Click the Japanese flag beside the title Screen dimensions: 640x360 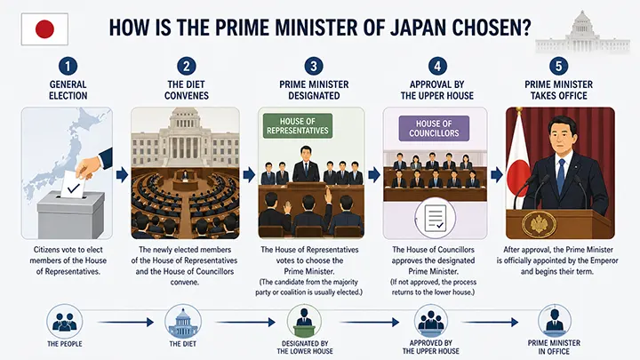coord(44,29)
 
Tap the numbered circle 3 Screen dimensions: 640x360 coord(314,66)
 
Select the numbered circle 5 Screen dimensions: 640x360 coord(558,66)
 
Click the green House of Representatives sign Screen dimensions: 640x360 coord(298,125)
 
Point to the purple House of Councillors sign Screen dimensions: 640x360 coord(434,128)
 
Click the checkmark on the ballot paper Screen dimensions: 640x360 coord(74,188)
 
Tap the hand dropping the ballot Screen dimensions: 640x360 coord(89,166)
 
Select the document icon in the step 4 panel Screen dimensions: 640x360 coord(435,218)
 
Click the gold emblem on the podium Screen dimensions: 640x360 coord(538,225)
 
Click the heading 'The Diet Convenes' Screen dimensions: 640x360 coord(187,90)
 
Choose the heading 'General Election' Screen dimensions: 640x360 coord(68,90)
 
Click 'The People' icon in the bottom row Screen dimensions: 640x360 coord(65,322)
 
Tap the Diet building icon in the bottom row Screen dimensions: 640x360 coord(183,322)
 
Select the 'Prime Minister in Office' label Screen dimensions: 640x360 coord(554,347)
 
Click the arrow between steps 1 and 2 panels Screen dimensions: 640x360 coord(122,175)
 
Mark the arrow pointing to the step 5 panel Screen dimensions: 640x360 coord(497,175)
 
